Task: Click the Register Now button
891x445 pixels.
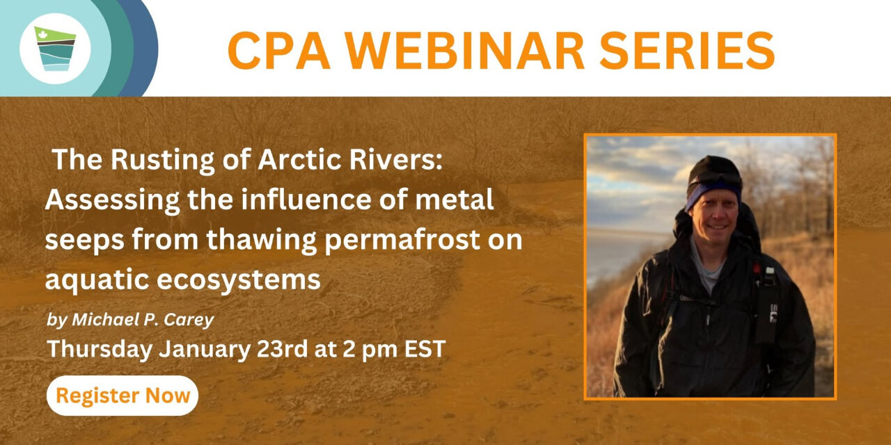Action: pyautogui.click(x=122, y=396)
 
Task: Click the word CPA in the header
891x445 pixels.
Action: pyautogui.click(x=279, y=51)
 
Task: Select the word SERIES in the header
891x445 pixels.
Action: pyautogui.click(x=687, y=51)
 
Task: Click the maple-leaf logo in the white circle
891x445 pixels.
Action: pyautogui.click(x=55, y=49)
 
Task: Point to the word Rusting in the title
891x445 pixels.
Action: pyautogui.click(x=163, y=161)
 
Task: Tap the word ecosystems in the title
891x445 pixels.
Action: pyautogui.click(x=239, y=280)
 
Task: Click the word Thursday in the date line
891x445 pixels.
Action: pyautogui.click(x=100, y=349)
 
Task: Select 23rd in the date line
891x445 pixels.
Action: pyautogui.click(x=282, y=349)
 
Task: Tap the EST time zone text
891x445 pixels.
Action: pyautogui.click(x=425, y=349)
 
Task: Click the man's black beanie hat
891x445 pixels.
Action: pyautogui.click(x=714, y=174)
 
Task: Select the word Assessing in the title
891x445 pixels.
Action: pyautogui.click(x=112, y=200)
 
